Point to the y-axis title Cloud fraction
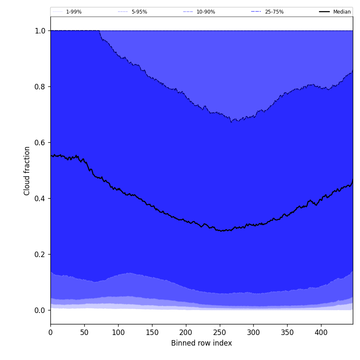click(x=27, y=171)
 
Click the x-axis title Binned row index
click(x=202, y=343)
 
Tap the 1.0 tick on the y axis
click(x=40, y=31)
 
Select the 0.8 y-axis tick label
click(x=40, y=87)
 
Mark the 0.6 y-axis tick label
click(x=40, y=143)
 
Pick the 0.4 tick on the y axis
click(x=40, y=199)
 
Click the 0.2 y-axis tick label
click(x=40, y=255)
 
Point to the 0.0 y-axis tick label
click(x=40, y=310)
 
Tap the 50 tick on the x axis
click(x=84, y=333)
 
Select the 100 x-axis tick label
click(x=118, y=333)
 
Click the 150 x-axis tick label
click(x=152, y=333)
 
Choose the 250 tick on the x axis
click(x=219, y=333)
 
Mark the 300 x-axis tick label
click(x=253, y=333)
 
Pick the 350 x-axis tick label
click(x=287, y=333)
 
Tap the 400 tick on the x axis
click(x=321, y=333)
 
